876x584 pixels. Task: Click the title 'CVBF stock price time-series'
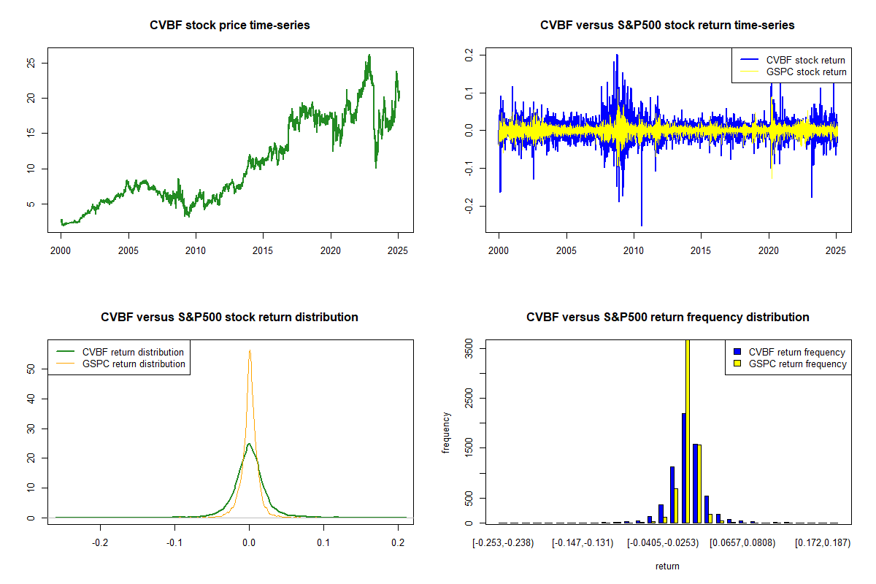230,26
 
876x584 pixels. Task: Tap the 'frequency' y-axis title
446,432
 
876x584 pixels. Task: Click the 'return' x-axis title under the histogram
667,566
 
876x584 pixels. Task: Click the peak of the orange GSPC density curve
250,350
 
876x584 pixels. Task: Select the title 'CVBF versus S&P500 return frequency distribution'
667,318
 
